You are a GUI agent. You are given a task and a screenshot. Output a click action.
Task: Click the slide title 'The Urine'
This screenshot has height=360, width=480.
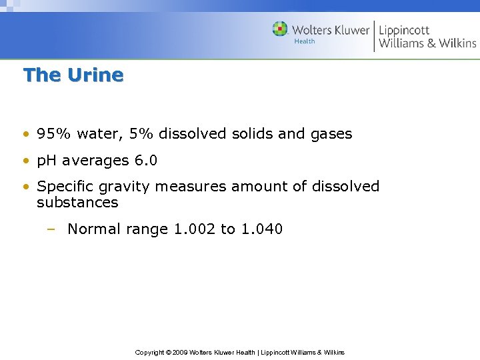[73, 75]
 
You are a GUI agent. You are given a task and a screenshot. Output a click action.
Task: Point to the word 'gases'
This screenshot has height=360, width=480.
[331, 135]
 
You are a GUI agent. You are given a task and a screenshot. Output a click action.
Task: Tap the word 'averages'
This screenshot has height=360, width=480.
[93, 161]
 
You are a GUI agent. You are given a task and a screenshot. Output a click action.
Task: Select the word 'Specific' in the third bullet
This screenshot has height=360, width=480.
[65, 187]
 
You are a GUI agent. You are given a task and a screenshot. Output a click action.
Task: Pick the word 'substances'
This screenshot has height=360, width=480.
[77, 203]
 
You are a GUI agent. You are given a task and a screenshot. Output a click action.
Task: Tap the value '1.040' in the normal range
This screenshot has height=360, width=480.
[261, 229]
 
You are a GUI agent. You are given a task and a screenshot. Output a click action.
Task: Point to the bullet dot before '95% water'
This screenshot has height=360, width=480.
[25, 134]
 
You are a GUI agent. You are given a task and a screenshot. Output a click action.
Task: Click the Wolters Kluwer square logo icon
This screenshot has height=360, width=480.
[280, 29]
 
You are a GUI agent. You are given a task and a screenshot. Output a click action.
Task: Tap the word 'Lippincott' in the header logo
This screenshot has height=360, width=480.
[404, 30]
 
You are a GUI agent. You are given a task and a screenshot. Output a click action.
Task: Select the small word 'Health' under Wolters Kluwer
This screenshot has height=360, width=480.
[305, 42]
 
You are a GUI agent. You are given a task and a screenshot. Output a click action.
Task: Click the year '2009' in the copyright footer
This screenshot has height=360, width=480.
[181, 352]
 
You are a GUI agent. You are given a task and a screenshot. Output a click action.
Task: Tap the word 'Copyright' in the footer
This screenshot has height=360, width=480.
[149, 352]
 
